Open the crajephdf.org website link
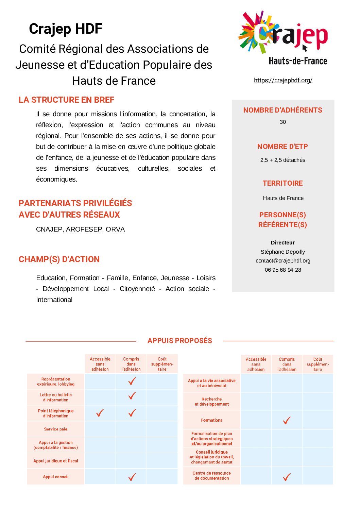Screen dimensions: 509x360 (283, 80)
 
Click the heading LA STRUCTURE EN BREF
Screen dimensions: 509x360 (66, 100)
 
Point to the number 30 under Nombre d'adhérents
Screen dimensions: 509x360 (282, 122)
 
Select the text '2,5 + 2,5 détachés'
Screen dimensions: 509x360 (282, 160)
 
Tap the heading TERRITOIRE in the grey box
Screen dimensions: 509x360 (282, 183)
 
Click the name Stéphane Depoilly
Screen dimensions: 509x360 (282, 252)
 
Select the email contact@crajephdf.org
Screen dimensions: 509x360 (282, 261)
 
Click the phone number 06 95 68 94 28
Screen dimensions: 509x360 (282, 270)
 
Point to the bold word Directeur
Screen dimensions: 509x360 (282, 243)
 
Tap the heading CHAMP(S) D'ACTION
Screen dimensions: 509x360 (59, 259)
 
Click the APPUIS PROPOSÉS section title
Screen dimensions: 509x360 (179, 341)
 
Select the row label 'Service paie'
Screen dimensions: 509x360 (56, 429)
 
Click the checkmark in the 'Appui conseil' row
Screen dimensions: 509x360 (132, 477)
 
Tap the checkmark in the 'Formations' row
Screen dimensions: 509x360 (287, 421)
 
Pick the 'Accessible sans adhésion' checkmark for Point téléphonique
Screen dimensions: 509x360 (100, 413)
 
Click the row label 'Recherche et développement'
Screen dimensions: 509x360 (211, 402)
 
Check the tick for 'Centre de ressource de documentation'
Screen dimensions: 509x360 (287, 477)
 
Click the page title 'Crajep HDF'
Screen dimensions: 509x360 (66, 29)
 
